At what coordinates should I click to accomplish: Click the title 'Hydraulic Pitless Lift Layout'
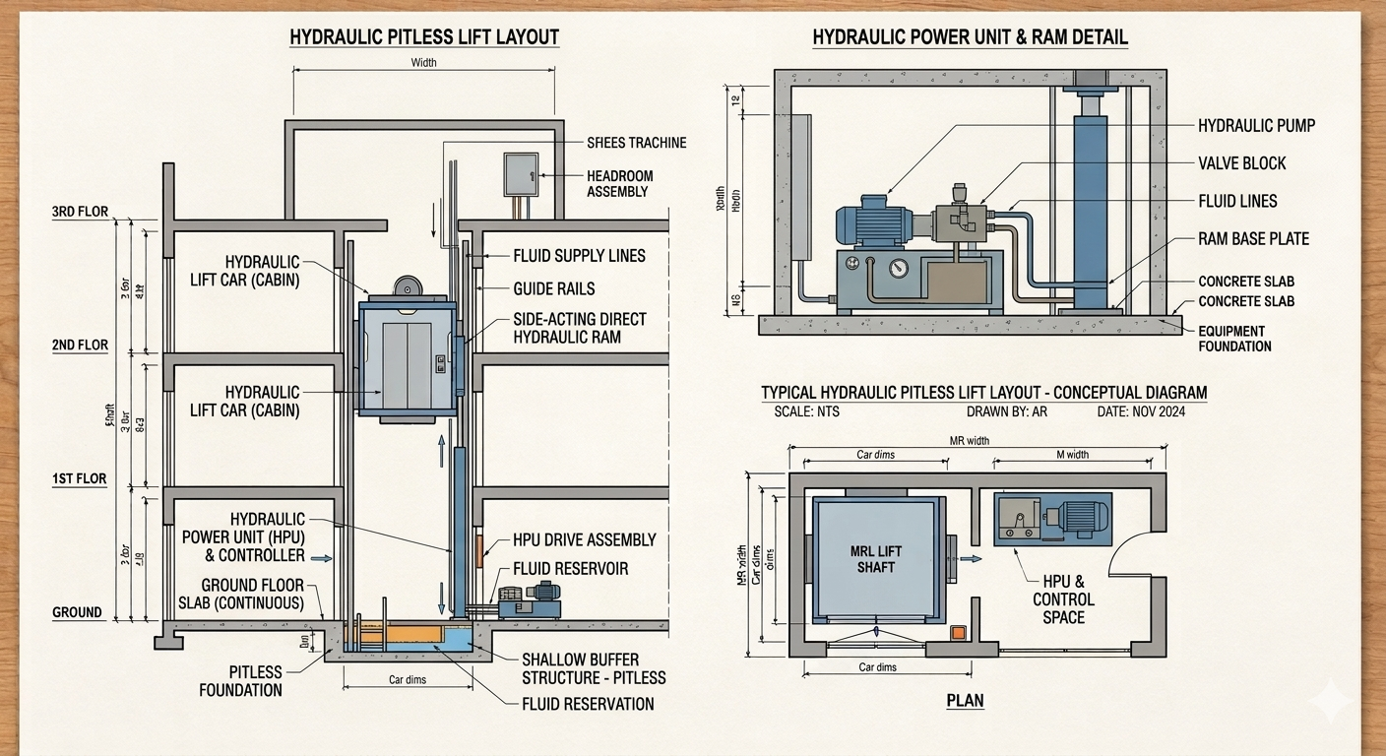point(424,38)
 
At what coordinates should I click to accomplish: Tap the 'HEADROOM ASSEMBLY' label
point(619,184)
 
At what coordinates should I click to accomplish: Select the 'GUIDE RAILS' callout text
point(554,288)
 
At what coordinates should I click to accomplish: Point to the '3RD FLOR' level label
point(81,212)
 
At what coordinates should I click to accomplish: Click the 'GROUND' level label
point(77,612)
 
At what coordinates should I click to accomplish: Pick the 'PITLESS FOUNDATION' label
point(241,681)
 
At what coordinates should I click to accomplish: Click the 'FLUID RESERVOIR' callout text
point(570,569)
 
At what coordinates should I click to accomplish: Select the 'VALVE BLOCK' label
point(1242,163)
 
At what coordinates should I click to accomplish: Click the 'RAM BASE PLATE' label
point(1253,239)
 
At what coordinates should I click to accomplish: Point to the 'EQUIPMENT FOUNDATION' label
point(1234,339)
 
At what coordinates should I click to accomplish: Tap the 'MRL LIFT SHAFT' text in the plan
point(875,559)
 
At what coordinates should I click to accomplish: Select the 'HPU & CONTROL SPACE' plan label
point(1063,599)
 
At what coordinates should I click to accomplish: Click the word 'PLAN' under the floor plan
point(965,702)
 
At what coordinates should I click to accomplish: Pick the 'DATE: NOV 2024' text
point(1141,411)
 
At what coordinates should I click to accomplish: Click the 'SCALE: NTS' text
point(807,411)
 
